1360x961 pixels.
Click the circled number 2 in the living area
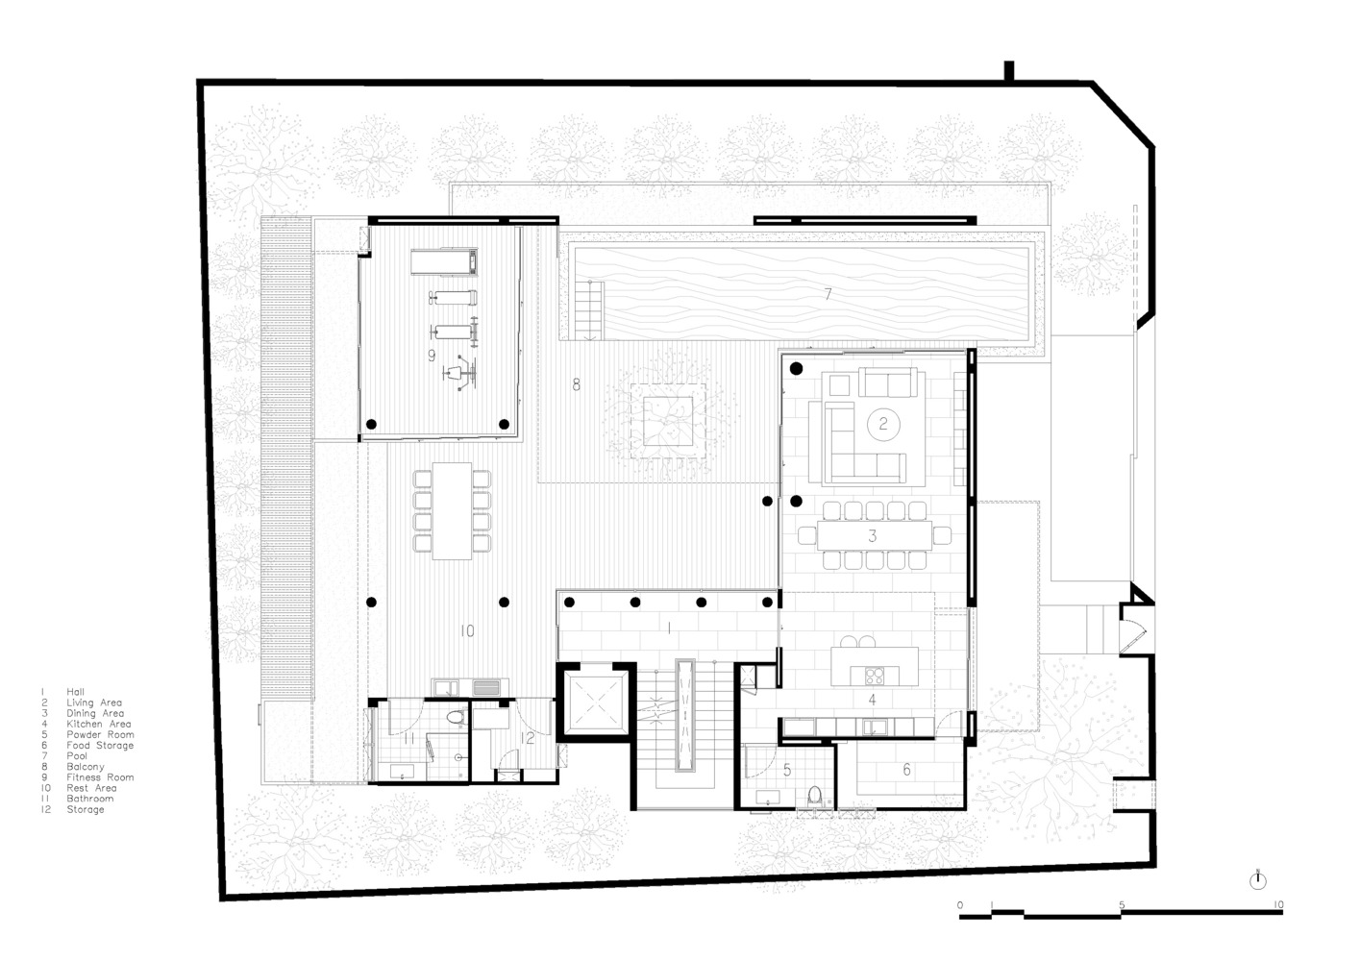pos(882,424)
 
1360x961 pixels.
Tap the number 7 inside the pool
pos(828,294)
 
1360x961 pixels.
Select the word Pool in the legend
pos(77,755)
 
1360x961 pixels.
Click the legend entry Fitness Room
pos(100,777)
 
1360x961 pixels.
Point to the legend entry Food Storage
pos(100,745)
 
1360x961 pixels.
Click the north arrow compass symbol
pos(1257,881)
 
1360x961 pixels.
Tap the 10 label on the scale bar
pos(1278,904)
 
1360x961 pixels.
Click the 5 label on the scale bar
pos(1122,904)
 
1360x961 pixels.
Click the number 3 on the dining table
pos(873,536)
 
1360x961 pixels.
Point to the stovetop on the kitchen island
pos(875,676)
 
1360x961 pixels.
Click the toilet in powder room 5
pos(815,796)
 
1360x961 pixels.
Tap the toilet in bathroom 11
pos(455,717)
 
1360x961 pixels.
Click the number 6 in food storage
pos(906,769)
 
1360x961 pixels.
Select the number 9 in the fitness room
pos(432,356)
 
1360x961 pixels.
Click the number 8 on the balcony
pos(576,384)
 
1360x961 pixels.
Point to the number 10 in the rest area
pos(467,631)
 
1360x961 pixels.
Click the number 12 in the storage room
pos(528,738)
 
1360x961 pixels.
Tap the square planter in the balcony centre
pos(668,421)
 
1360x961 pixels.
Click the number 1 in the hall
pos(669,628)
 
